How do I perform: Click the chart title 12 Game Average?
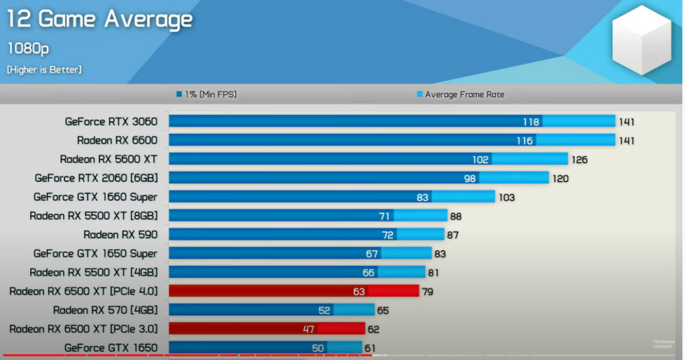(x=100, y=19)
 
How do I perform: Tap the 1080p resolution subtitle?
(x=27, y=48)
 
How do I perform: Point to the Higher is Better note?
(x=44, y=70)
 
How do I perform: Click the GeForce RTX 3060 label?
(x=111, y=122)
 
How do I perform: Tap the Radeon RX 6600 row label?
(x=117, y=141)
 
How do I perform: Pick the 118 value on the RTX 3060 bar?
(x=532, y=122)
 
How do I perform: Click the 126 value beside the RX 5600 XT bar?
(x=579, y=159)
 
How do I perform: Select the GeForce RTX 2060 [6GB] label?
(x=96, y=178)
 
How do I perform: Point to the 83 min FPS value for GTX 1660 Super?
(x=422, y=197)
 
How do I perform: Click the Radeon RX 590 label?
(x=120, y=234)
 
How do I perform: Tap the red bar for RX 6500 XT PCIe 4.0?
(x=294, y=291)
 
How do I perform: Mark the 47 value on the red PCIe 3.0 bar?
(x=308, y=329)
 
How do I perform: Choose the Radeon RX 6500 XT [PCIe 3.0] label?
(x=84, y=329)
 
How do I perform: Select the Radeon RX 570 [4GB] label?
(x=105, y=310)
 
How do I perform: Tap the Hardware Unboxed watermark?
(x=664, y=344)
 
